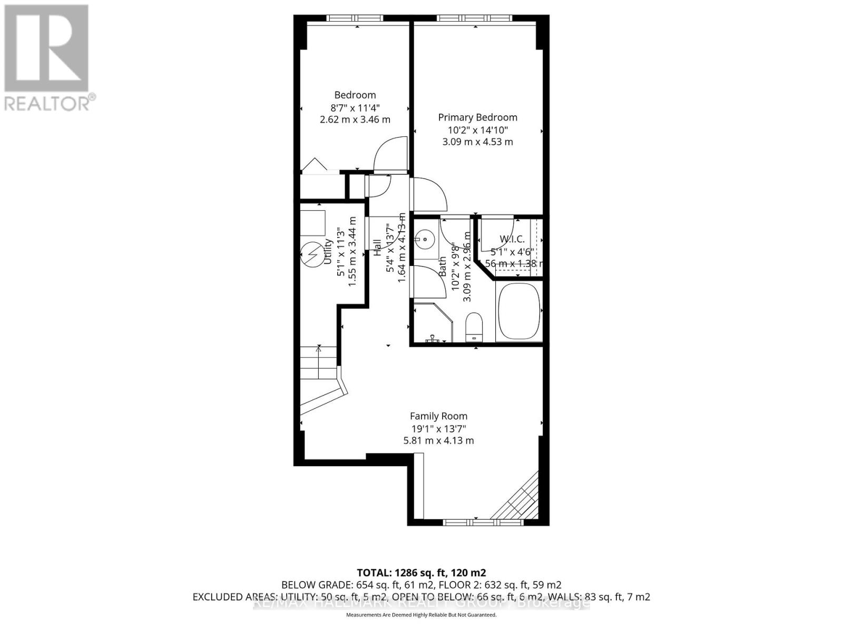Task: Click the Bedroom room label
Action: [355, 95]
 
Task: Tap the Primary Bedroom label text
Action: [477, 117]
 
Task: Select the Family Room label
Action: [438, 416]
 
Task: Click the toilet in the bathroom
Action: [474, 327]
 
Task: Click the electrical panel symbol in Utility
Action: [311, 254]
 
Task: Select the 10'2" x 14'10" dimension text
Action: [477, 130]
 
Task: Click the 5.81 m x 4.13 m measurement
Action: [438, 440]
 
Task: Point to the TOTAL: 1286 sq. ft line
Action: [421, 572]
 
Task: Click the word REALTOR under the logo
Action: [47, 103]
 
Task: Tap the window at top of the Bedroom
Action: [356, 18]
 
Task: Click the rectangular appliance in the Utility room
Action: [312, 223]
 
